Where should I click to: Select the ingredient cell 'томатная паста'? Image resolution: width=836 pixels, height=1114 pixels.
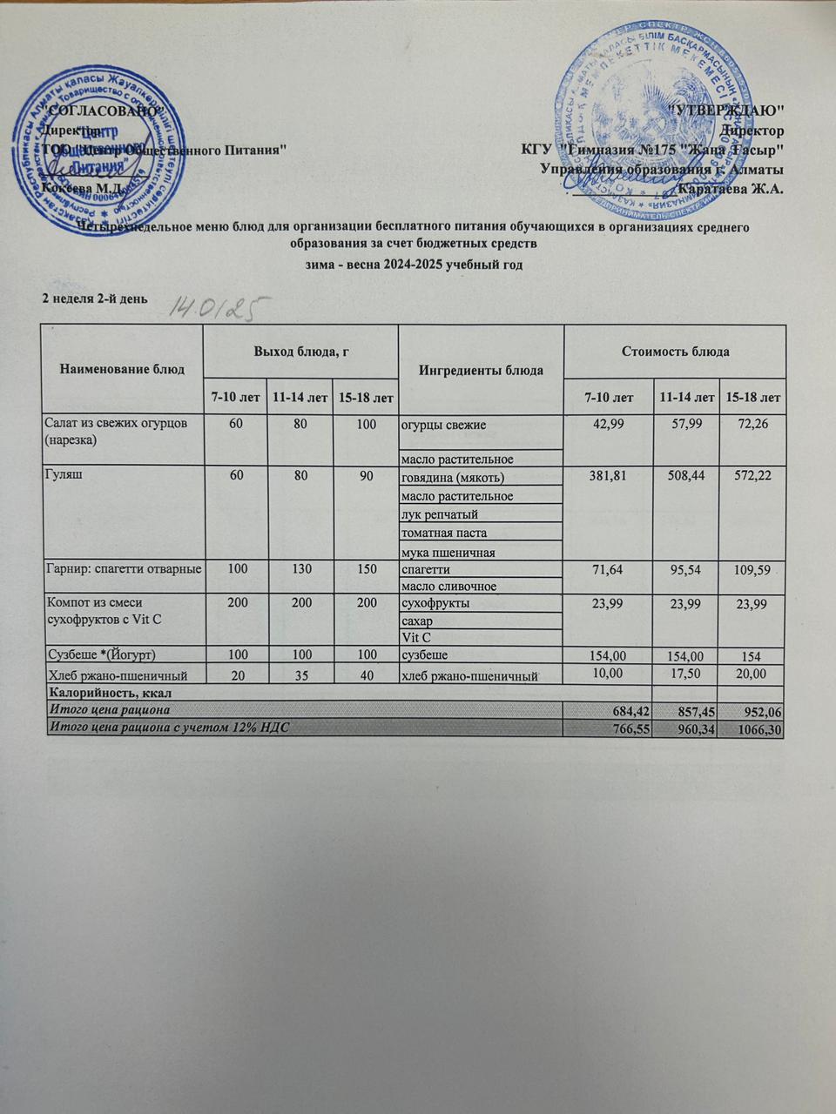click(x=443, y=533)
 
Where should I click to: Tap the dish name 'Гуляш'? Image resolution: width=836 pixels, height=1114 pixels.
click(x=62, y=477)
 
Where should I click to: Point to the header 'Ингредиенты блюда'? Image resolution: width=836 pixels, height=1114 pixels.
click(x=482, y=370)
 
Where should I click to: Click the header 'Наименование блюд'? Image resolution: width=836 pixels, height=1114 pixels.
click(x=121, y=368)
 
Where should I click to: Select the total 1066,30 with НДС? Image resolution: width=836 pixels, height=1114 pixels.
click(x=757, y=728)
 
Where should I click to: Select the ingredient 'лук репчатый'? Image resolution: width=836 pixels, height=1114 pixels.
click(x=439, y=514)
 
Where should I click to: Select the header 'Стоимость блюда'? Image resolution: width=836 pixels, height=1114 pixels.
click(x=674, y=352)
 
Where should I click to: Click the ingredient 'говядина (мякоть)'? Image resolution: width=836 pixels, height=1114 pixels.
click(x=452, y=478)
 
